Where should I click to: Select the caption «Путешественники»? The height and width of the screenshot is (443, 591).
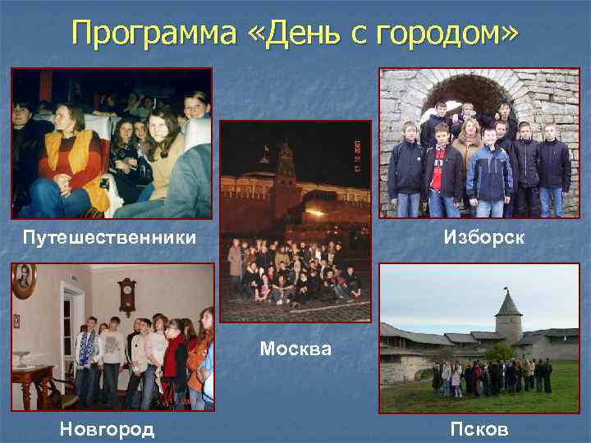click(109, 238)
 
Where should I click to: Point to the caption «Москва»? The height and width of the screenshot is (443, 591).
click(295, 349)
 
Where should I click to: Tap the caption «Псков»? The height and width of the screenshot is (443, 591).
click(479, 429)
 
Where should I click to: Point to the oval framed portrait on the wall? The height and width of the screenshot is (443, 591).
click(24, 281)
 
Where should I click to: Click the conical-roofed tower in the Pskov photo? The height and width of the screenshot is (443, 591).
click(510, 316)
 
